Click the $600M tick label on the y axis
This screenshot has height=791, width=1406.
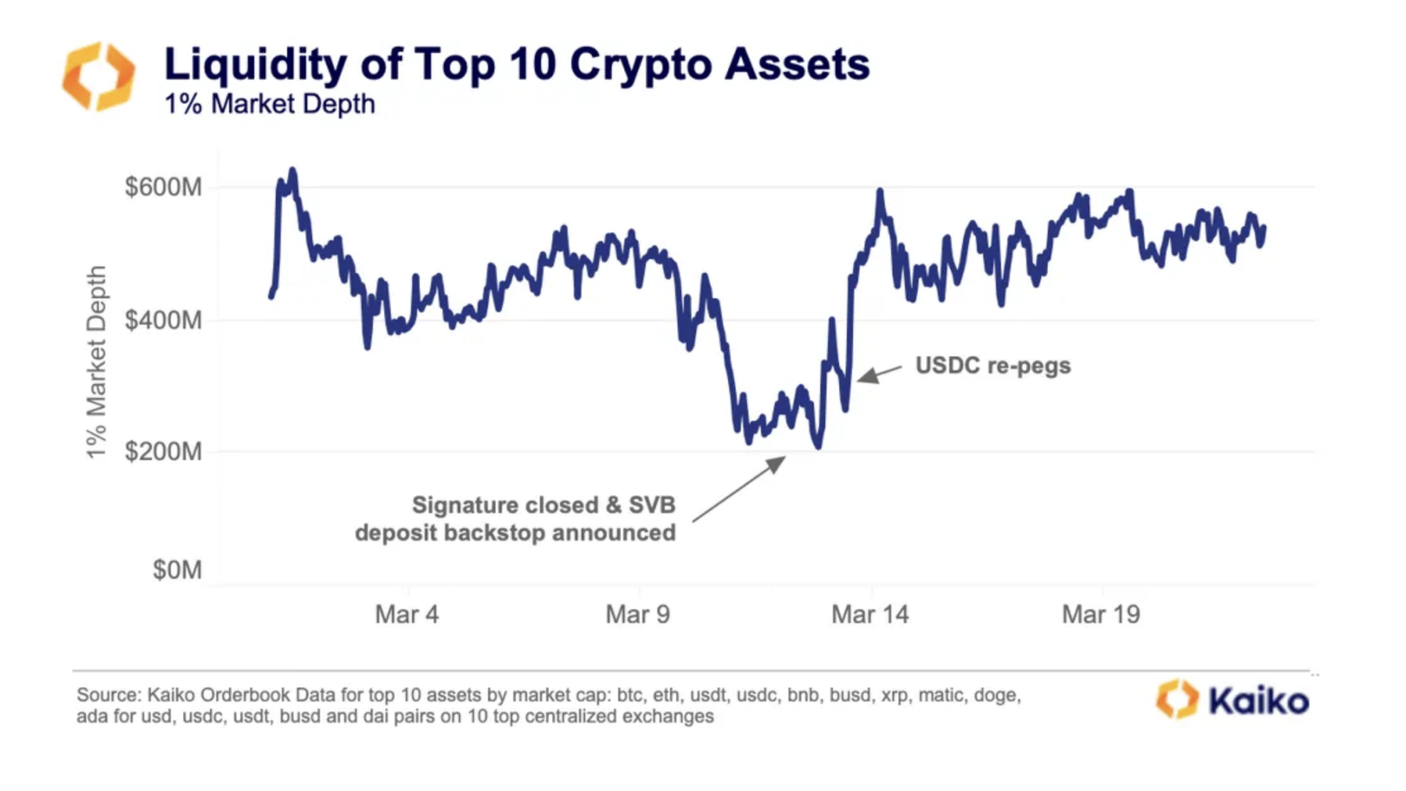pyautogui.click(x=163, y=187)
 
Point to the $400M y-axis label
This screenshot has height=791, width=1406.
pyautogui.click(x=163, y=320)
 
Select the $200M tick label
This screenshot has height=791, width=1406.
pyautogui.click(x=163, y=452)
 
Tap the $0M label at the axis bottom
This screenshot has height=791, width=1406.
pyautogui.click(x=177, y=570)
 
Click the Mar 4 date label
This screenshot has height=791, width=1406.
pyautogui.click(x=406, y=614)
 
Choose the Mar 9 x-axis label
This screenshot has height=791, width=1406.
pyautogui.click(x=638, y=614)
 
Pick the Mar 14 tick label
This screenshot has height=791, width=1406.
pyautogui.click(x=870, y=614)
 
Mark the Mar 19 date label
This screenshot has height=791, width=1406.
pyautogui.click(x=1100, y=614)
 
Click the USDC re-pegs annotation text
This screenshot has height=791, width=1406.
pyautogui.click(x=993, y=365)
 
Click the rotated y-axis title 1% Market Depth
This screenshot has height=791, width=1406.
pyautogui.click(x=96, y=362)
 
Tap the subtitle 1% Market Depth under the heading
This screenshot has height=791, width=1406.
pyautogui.click(x=270, y=104)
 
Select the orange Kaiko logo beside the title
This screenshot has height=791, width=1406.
pyautogui.click(x=99, y=76)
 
